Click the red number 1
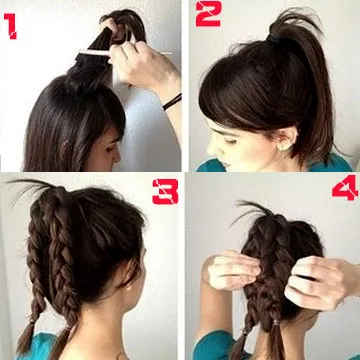click(11, 27)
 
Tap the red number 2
click(208, 14)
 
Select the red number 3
click(165, 192)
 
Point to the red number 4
click(345, 188)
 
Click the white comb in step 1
click(123, 53)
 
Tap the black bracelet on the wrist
click(172, 102)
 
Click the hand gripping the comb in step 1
click(143, 65)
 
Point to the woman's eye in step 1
click(109, 149)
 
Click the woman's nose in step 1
click(117, 157)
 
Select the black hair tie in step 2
click(277, 39)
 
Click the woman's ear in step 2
click(288, 138)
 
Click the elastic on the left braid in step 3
click(33, 322)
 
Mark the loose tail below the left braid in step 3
click(26, 338)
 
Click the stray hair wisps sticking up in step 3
click(30, 188)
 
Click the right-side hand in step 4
click(320, 282)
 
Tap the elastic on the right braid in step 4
click(275, 323)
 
